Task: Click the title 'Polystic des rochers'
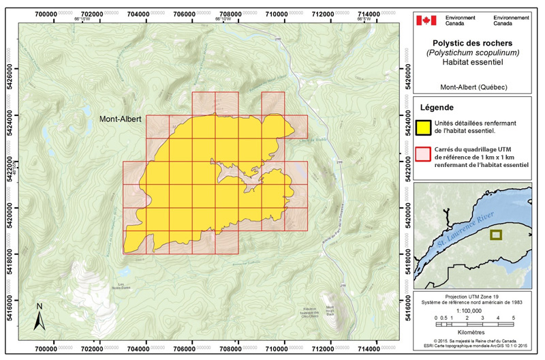[472, 42]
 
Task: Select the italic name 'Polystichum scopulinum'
[472, 51]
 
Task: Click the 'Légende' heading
[437, 107]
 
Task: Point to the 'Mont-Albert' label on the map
[121, 119]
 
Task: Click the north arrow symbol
[40, 314]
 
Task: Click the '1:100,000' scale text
[471, 308]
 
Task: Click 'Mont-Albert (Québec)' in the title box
[472, 87]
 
